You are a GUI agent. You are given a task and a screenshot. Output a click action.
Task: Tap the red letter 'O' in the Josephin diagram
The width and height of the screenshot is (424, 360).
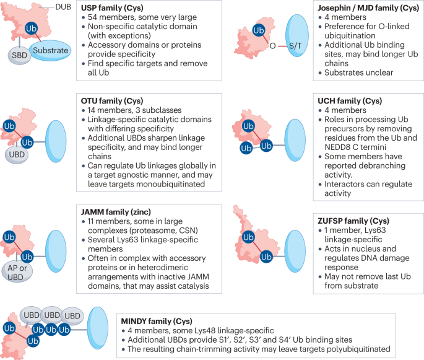(270, 45)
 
